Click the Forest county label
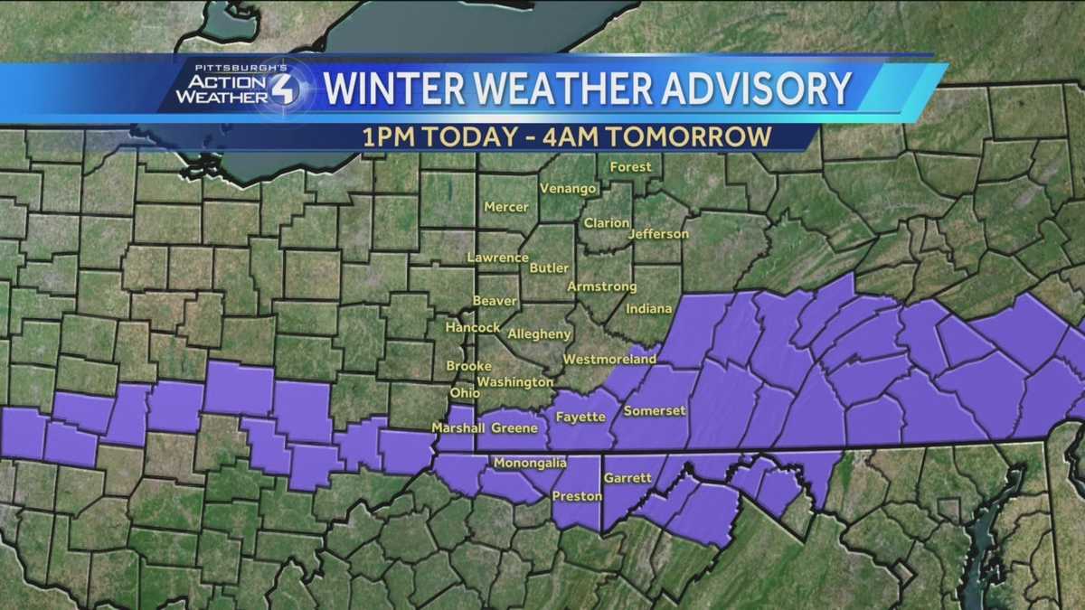tap(630, 167)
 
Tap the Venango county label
tap(568, 189)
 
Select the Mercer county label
tap(506, 207)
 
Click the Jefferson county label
tap(657, 234)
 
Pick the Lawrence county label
tap(497, 258)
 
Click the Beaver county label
tap(495, 301)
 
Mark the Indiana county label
tap(650, 309)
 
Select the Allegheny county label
tap(540, 333)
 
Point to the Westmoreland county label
tap(609, 360)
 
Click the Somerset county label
tap(655, 411)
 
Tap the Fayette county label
tap(580, 418)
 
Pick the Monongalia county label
tap(530, 464)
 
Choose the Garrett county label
tap(627, 477)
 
